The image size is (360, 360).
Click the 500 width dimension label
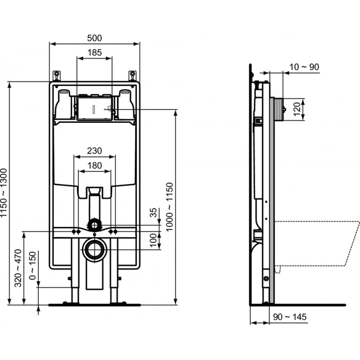click(x=94, y=38)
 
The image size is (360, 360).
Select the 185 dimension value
click(x=94, y=52)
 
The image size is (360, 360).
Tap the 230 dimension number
click(x=94, y=151)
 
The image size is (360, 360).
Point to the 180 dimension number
click(x=94, y=165)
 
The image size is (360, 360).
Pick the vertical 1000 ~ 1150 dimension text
click(x=169, y=207)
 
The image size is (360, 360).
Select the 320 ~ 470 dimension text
click(x=18, y=267)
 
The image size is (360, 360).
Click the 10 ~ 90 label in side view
click(x=304, y=67)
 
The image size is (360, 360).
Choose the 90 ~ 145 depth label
click(x=289, y=317)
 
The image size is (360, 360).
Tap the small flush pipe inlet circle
click(x=94, y=224)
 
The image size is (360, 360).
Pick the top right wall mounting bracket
click(x=132, y=75)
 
